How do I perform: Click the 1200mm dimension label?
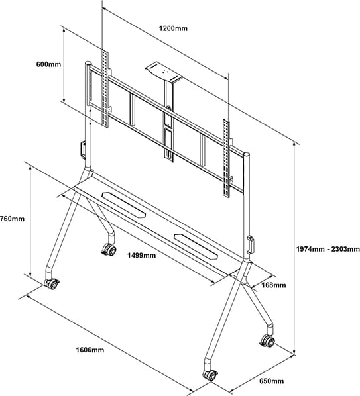174,28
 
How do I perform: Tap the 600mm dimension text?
48,64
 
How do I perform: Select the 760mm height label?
12,219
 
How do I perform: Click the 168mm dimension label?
273,285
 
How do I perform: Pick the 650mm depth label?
271,381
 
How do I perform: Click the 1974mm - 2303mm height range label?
327,249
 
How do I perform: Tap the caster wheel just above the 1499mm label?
106,250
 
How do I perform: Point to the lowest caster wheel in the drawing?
210,375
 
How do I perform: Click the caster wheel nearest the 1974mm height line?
267,341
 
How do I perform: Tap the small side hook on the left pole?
82,148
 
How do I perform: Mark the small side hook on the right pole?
251,243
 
